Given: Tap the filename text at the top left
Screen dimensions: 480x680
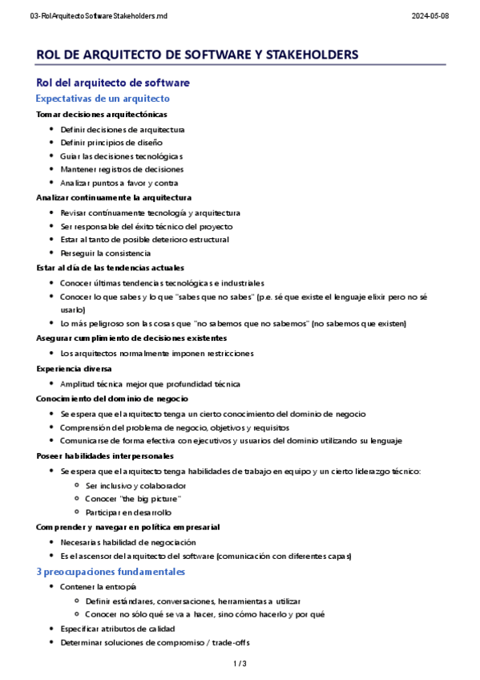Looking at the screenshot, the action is pos(99,16).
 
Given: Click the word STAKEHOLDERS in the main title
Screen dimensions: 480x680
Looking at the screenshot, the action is pos(305,55).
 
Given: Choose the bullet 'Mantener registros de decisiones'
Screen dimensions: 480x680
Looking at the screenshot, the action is pos(122,169).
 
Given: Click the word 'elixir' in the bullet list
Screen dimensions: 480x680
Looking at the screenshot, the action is pos(369,297).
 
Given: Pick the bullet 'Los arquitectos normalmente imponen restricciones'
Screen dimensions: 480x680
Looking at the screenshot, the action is pos(157,353).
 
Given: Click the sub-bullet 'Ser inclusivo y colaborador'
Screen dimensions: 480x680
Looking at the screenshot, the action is pos(135,486).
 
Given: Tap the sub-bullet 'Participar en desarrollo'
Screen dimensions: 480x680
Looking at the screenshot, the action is pos(128,512).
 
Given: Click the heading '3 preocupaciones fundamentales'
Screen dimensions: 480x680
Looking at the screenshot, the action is pos(111,572).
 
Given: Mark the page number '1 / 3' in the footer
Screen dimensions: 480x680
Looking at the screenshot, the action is pos(240,664).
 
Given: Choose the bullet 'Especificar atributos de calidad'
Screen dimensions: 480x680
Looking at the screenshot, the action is pos(117,629).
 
